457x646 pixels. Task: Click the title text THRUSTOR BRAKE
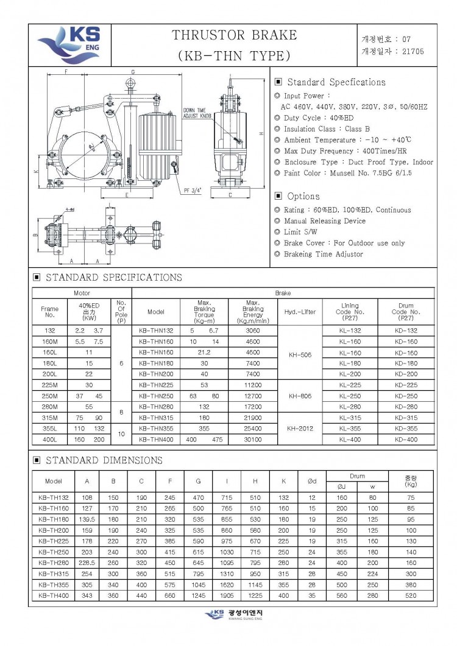click(x=235, y=35)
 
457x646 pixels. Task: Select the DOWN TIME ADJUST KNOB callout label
click(x=197, y=113)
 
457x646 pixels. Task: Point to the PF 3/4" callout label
click(x=193, y=189)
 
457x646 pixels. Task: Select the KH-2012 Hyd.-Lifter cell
click(x=300, y=428)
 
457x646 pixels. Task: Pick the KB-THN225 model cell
click(x=156, y=385)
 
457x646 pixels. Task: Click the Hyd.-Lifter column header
click(x=300, y=312)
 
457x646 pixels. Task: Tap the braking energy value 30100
click(x=252, y=439)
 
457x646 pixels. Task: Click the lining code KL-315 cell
click(x=350, y=418)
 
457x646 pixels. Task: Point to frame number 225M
click(x=50, y=385)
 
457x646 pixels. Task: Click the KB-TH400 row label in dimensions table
click(x=54, y=595)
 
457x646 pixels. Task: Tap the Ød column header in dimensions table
click(x=311, y=481)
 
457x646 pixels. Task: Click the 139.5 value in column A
click(x=87, y=519)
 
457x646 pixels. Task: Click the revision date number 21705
click(x=411, y=51)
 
